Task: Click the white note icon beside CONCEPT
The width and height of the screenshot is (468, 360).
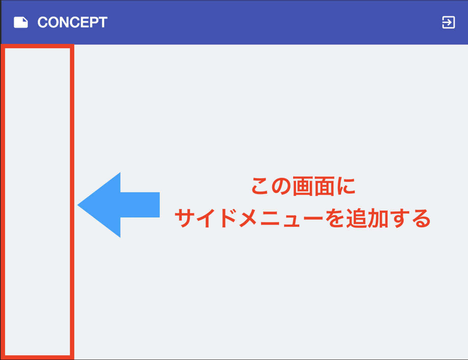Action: pos(21,22)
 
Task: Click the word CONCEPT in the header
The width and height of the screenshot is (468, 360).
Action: pos(72,22)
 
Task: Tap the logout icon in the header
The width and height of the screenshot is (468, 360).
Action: pos(448,22)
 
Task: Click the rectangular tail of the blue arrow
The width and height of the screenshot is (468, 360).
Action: pos(140,205)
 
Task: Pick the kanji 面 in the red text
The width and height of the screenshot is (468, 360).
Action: pos(325,187)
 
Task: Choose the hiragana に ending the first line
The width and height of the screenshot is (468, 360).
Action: pos(346,187)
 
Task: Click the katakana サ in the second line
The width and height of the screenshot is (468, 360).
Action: pos(184,219)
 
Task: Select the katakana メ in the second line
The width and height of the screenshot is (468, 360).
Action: pos(248,219)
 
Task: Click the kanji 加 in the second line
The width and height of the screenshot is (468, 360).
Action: pos(377,219)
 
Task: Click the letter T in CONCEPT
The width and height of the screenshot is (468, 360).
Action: pos(102,22)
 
